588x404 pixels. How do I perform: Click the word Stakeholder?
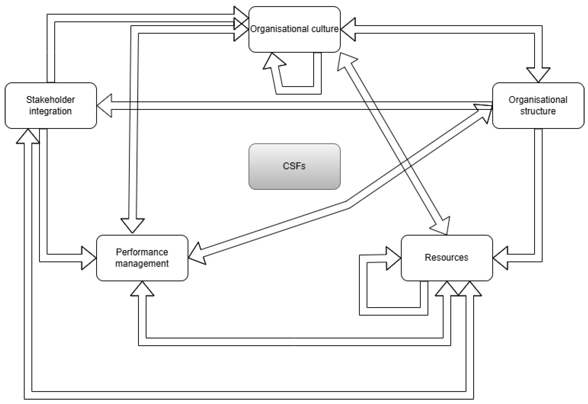tap(51, 100)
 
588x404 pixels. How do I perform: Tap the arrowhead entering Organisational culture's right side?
tap(348, 29)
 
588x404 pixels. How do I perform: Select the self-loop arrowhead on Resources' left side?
tap(394, 258)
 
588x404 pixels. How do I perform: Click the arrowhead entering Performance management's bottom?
tap(142, 289)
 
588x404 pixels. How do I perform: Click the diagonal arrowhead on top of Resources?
tap(440, 226)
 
